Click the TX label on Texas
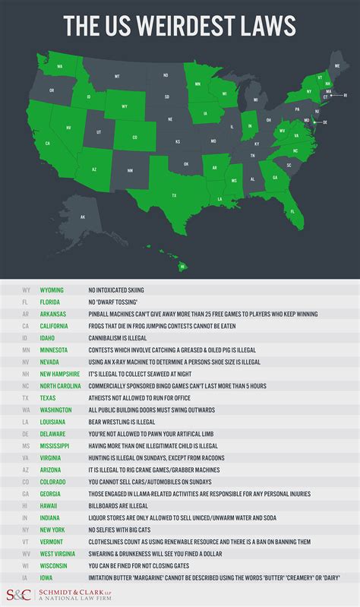tap(174, 195)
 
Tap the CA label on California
tap(49, 143)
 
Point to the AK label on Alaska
tap(83, 217)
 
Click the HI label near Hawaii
tap(182, 267)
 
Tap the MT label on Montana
tap(117, 77)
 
